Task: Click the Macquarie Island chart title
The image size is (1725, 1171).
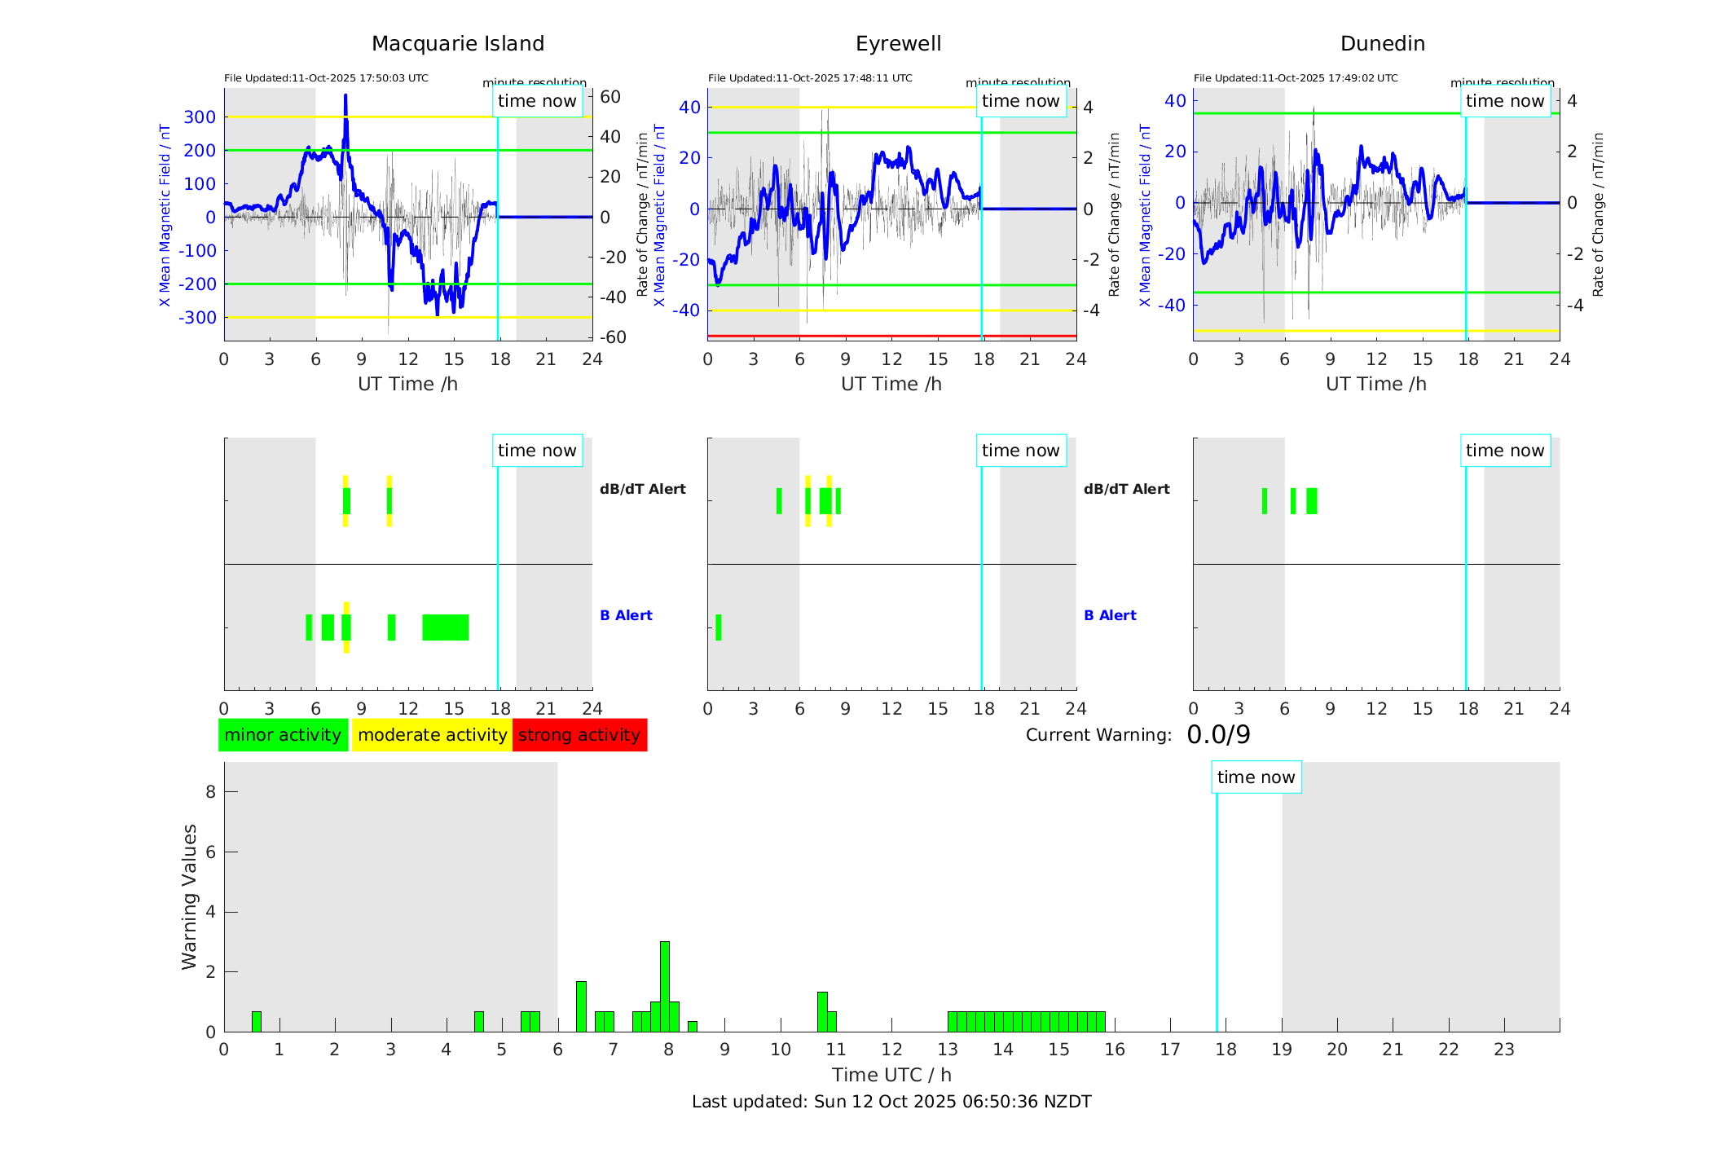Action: [x=457, y=44]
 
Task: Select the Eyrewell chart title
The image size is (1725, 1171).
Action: [x=898, y=44]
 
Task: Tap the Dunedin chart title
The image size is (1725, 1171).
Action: [x=1382, y=44]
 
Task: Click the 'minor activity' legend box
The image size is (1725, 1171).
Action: [x=283, y=735]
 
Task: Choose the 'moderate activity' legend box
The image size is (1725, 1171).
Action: [x=432, y=735]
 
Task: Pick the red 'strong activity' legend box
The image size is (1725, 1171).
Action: [x=579, y=735]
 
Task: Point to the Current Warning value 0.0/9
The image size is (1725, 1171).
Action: [x=1218, y=735]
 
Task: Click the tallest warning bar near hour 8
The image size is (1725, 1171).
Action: [x=665, y=986]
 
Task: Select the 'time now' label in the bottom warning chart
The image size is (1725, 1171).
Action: [x=1256, y=777]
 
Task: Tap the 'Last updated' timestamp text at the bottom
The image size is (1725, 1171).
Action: [x=891, y=1102]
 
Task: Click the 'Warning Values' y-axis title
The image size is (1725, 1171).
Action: [x=190, y=896]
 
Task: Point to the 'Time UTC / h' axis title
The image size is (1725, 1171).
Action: [x=891, y=1075]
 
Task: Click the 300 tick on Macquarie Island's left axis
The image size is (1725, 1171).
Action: [x=200, y=117]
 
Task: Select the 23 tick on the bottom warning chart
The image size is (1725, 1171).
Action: [x=1503, y=1050]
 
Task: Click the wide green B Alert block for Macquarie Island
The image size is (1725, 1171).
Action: [x=445, y=627]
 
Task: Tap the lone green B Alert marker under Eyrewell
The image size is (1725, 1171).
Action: [x=718, y=627]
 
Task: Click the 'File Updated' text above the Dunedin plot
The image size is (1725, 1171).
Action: [x=1296, y=78]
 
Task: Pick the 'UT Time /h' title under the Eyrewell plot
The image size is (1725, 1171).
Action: [x=891, y=384]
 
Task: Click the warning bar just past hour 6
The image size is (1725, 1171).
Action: [x=581, y=1006]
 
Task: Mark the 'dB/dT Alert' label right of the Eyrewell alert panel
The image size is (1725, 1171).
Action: [x=1126, y=489]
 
